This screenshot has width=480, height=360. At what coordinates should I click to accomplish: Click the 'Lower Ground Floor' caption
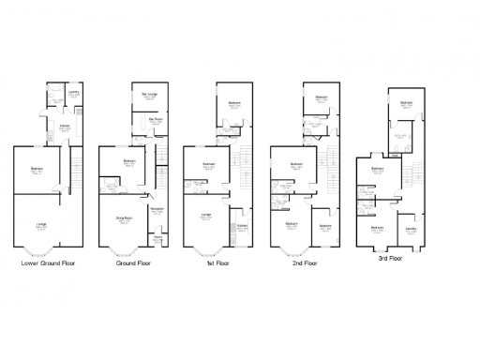coord(48,263)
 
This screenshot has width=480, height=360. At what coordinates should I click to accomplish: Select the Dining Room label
coord(123,217)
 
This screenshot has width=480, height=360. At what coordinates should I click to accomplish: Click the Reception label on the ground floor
coord(157,208)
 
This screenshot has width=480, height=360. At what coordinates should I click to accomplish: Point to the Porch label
coord(158,237)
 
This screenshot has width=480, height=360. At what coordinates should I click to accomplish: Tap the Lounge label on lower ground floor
coord(42,224)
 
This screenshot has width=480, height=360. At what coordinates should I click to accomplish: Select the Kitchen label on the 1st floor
coord(242,225)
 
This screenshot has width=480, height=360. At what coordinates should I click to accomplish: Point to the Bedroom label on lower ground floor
coord(37,169)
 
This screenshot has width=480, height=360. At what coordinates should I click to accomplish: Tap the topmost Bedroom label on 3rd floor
coord(406,102)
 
